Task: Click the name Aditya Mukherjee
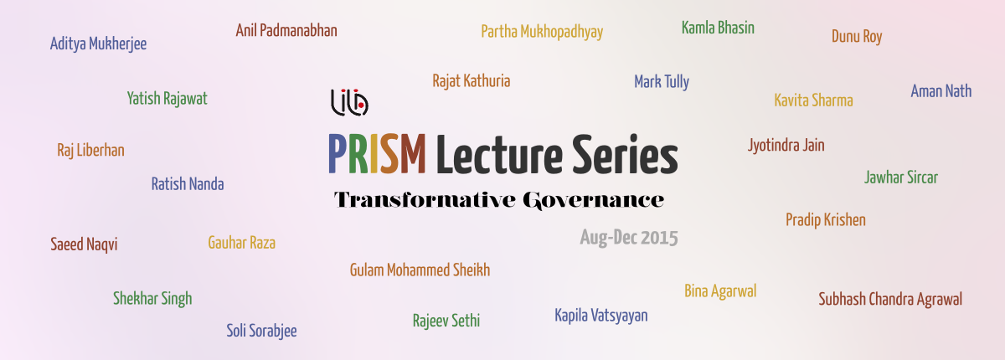click(x=98, y=44)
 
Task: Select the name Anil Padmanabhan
click(x=286, y=30)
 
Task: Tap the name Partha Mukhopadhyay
click(x=542, y=32)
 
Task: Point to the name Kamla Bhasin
click(x=718, y=28)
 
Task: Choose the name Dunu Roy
click(x=857, y=37)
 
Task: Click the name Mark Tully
click(x=662, y=81)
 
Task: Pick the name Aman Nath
click(x=941, y=91)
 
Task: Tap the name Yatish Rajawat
click(x=167, y=99)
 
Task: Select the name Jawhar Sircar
click(x=901, y=177)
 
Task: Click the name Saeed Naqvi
click(x=84, y=244)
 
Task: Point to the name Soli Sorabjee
click(x=261, y=331)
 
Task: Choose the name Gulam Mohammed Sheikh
click(x=420, y=270)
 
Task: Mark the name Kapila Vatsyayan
click(x=601, y=316)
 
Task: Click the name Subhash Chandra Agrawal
click(x=890, y=299)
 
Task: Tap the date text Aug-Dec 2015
click(x=629, y=238)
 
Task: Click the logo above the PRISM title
click(x=349, y=102)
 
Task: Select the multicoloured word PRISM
click(x=377, y=154)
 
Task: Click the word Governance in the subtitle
click(x=593, y=200)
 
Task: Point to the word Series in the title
click(x=625, y=154)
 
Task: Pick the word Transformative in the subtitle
click(x=425, y=199)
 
